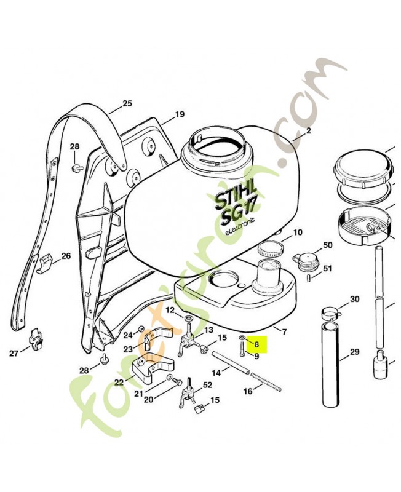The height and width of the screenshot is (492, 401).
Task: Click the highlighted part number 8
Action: tap(256, 344)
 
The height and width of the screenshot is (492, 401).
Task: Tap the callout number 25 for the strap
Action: tap(127, 103)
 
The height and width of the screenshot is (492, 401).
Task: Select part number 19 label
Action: tap(180, 114)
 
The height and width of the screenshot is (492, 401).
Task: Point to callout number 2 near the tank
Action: tap(309, 131)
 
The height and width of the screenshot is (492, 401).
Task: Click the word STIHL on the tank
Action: tap(236, 196)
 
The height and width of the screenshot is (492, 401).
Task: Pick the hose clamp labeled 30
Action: tap(332, 313)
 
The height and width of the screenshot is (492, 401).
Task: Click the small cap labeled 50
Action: tap(304, 259)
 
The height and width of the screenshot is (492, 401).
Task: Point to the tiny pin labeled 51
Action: tap(309, 278)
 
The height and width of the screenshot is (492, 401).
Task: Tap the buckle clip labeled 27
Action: tap(36, 339)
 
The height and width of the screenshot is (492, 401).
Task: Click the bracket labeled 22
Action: tap(153, 371)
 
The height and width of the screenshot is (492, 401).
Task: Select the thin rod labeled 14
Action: tap(231, 363)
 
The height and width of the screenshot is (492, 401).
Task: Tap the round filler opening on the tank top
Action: tap(218, 153)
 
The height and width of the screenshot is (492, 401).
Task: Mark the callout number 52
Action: tap(207, 385)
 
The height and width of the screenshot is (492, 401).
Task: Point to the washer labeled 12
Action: tap(189, 319)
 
